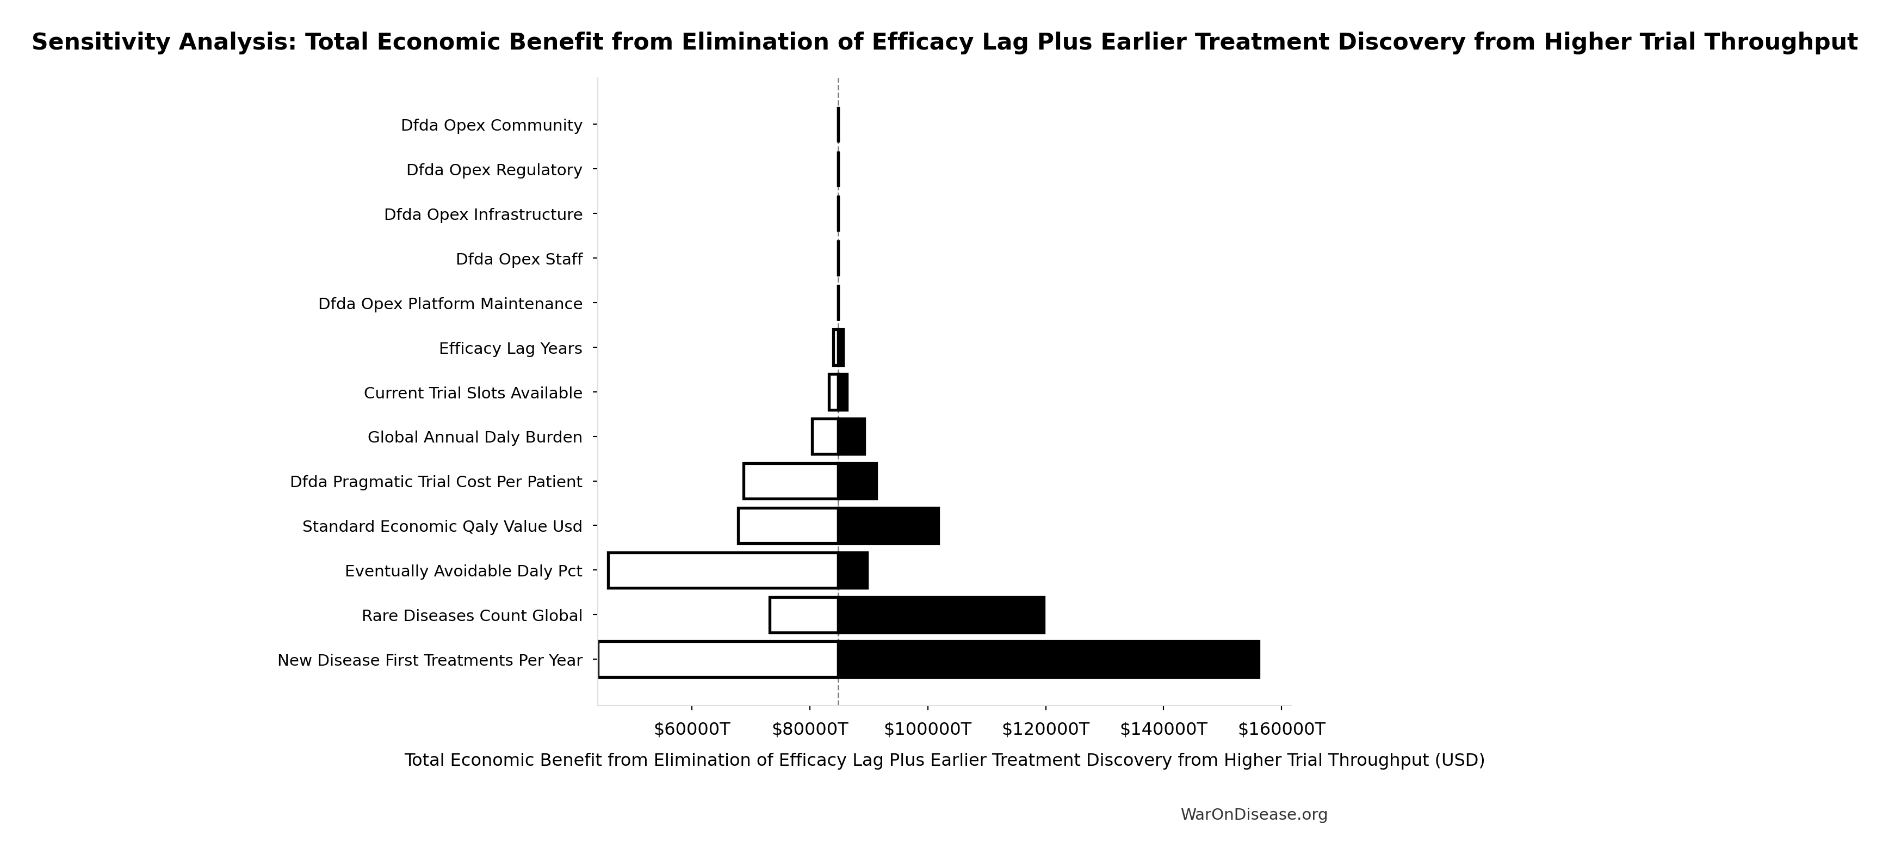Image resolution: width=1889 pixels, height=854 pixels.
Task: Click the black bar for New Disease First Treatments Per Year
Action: click(1049, 660)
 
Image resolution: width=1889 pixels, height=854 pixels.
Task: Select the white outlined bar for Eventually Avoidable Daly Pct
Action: click(722, 570)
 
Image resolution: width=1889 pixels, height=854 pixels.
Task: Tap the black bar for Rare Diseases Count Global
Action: click(941, 615)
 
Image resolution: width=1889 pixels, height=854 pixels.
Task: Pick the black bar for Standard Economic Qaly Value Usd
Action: click(888, 526)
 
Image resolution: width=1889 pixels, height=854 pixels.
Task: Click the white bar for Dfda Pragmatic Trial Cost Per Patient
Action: click(790, 481)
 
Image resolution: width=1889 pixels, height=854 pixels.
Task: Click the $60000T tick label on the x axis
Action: click(691, 729)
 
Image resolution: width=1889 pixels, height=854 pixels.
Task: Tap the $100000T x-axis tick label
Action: click(927, 729)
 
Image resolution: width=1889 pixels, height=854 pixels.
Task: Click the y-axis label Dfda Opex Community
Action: click(491, 125)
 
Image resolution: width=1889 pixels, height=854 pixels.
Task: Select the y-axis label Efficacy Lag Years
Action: click(510, 348)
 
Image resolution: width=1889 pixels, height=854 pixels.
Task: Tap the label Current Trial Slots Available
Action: click(473, 393)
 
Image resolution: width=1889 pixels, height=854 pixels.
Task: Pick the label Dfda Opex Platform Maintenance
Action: click(450, 304)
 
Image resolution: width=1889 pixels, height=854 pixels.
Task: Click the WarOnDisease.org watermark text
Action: click(1253, 814)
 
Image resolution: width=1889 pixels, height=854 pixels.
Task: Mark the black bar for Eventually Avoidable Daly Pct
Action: click(853, 570)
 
